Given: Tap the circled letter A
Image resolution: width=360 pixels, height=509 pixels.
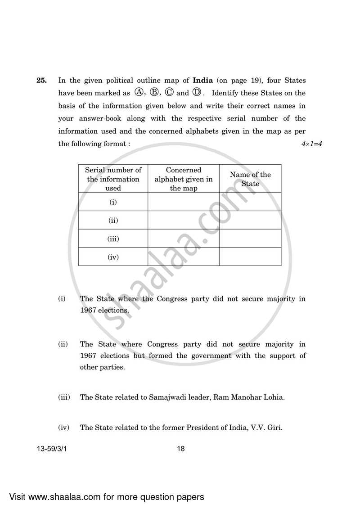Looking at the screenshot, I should point(139,93).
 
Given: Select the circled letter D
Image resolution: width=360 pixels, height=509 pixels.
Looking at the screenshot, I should point(197,93).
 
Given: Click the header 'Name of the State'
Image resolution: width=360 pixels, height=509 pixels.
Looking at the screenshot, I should point(250,179).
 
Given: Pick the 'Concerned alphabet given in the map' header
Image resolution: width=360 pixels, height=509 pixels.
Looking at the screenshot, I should point(184,179).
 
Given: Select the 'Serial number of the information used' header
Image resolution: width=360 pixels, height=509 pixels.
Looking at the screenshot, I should point(113,179).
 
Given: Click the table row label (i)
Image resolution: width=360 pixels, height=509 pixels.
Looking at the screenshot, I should point(113,202).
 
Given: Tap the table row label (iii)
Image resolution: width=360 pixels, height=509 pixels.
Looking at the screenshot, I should point(113,239).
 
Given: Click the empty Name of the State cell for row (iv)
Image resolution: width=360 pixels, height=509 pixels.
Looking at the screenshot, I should point(250,257).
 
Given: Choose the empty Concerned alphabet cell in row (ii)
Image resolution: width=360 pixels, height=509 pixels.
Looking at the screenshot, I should point(184,220).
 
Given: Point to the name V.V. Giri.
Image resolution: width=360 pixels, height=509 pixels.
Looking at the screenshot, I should point(267,428).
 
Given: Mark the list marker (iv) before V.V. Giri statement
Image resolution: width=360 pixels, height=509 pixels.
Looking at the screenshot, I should point(64,428).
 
